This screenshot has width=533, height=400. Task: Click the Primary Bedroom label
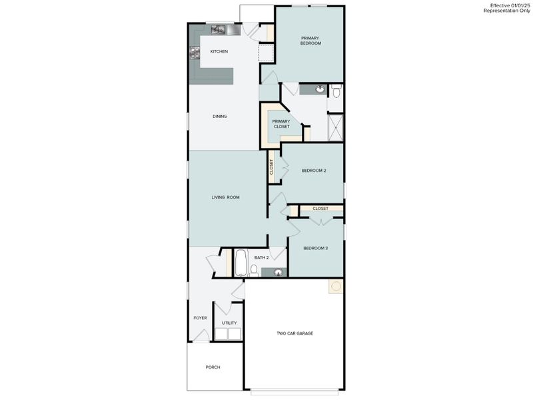click(x=310, y=41)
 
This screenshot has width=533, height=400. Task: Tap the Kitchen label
click(x=219, y=51)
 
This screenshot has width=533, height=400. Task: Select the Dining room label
click(x=220, y=117)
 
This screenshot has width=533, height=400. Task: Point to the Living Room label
click(x=225, y=197)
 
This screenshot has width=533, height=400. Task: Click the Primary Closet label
click(x=281, y=123)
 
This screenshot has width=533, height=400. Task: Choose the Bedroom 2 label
click(x=313, y=171)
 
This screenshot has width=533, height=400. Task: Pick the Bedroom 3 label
click(x=315, y=248)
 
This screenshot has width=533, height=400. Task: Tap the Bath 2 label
click(x=261, y=257)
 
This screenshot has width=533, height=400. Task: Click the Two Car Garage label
click(x=295, y=333)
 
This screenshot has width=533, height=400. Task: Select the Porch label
click(x=213, y=367)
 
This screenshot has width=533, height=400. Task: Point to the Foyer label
click(x=200, y=318)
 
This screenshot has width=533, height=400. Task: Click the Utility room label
click(x=229, y=323)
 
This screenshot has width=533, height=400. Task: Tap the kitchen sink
click(x=219, y=29)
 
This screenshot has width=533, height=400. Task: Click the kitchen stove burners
click(x=195, y=53)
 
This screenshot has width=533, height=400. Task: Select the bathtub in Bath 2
click(x=241, y=263)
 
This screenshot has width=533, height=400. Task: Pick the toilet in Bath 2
click(x=254, y=270)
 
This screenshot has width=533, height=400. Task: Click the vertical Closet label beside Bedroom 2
click(x=271, y=167)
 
